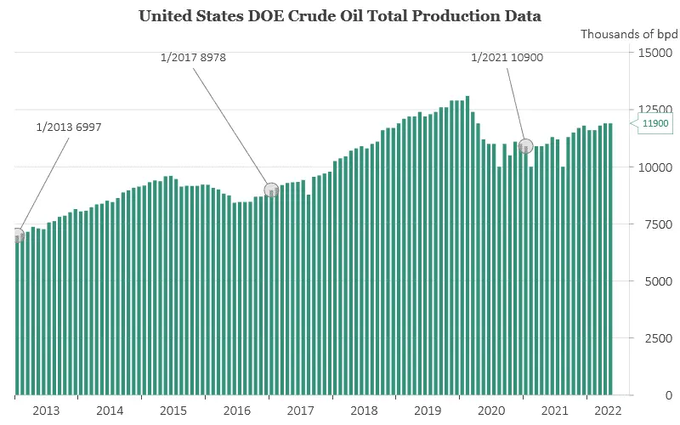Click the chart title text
[340, 15]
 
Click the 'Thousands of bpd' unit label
[629, 34]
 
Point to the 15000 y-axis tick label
[656, 53]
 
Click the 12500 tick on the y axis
[656, 110]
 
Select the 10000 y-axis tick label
[656, 167]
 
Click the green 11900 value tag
[655, 123]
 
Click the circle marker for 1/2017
[271, 190]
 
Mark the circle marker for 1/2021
[525, 145]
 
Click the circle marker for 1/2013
[17, 235]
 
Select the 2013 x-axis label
[46, 410]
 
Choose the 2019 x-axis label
[428, 410]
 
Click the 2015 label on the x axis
[173, 410]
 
